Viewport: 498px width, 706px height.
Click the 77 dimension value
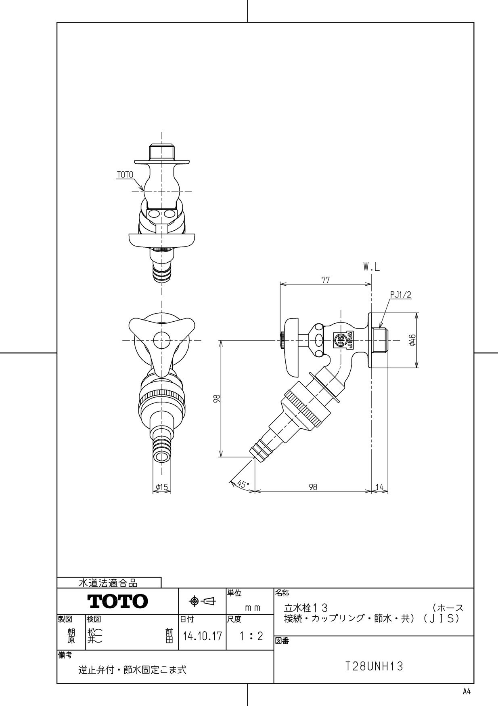click(326, 280)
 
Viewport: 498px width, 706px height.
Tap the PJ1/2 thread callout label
click(400, 295)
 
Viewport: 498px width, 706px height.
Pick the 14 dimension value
click(380, 487)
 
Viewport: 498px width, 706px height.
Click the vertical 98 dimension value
click(217, 398)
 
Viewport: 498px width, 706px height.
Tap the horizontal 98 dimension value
click(313, 487)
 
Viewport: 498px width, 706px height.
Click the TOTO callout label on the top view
click(124, 175)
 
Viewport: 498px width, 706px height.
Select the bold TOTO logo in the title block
click(118, 602)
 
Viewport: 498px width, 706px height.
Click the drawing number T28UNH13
click(374, 666)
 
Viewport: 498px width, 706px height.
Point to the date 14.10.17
click(202, 636)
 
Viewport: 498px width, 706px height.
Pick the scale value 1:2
click(251, 636)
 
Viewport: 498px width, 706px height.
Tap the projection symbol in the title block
click(203, 602)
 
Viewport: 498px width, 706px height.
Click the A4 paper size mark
click(467, 691)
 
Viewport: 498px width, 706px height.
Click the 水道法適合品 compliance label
click(108, 583)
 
